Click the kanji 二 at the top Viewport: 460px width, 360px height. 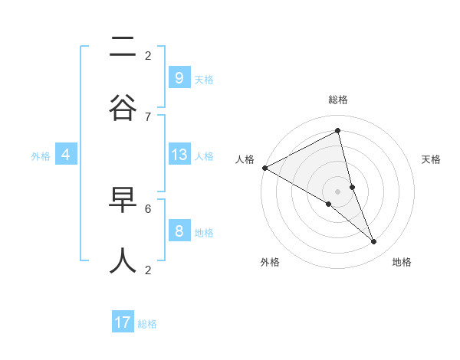pos(123,48)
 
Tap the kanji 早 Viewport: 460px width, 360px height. pos(123,201)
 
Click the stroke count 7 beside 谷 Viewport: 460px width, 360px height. pos(148,116)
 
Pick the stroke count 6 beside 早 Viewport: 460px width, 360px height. pos(148,208)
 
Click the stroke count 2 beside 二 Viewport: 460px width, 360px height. pos(148,55)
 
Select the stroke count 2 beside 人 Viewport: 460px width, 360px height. pos(148,269)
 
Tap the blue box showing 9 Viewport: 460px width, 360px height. pos(179,77)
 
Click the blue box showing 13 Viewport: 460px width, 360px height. pos(179,155)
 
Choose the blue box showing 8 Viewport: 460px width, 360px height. pos(179,231)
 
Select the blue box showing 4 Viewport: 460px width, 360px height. pos(66,155)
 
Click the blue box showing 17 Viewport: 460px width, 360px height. pos(123,322)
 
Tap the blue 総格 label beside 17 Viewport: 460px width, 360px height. pos(147,324)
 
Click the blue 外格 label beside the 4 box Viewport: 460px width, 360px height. pos(41,156)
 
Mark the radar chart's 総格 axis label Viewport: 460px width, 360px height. pos(338,100)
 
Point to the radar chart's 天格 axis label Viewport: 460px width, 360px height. pos(432,159)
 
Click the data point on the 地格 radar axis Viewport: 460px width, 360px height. pos(374,242)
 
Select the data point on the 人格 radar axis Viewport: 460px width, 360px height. pos(264,168)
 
